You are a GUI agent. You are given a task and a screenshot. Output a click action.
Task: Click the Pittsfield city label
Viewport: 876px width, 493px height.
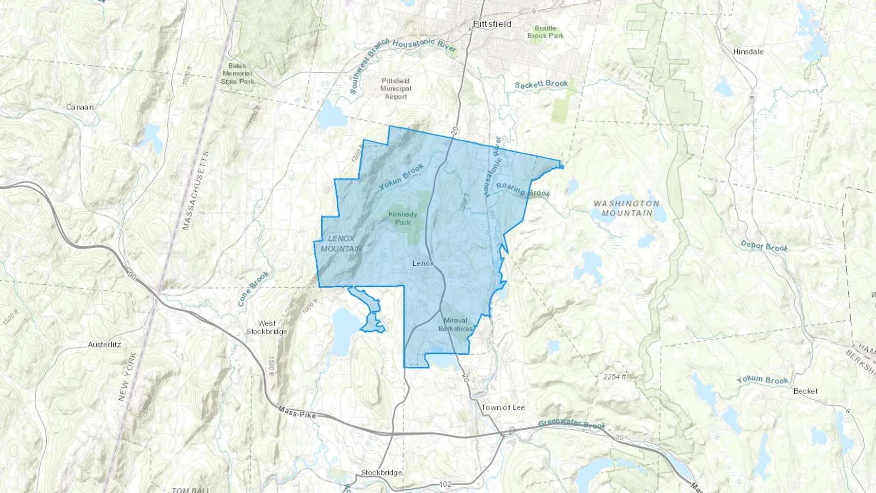coord(492,24)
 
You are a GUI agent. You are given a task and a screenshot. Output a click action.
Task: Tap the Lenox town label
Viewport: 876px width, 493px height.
coord(422,263)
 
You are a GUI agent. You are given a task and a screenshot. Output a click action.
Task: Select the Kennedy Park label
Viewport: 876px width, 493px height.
coord(402,219)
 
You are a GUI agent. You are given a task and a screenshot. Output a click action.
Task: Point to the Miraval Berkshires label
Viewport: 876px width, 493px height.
coord(456,325)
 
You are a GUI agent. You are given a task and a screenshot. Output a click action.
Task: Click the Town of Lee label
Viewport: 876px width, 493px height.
coord(503,408)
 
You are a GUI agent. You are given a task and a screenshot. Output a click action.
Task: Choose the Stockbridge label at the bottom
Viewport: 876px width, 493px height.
coord(382,473)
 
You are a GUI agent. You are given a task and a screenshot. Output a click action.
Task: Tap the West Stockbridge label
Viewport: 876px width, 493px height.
coord(267,328)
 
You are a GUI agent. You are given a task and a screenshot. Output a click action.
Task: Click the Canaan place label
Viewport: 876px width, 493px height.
coord(80,107)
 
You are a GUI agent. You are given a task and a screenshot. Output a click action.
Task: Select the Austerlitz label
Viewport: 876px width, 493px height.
coord(104,345)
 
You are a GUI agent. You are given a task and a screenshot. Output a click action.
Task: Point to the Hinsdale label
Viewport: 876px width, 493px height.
coord(748,52)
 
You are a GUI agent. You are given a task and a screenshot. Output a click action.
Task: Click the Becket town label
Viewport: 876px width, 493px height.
coord(805,391)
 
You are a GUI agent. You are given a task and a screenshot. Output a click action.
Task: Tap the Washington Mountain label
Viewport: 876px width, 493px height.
coord(626,208)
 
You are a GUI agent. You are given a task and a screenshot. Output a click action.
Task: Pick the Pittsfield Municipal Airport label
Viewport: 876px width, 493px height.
coord(396,89)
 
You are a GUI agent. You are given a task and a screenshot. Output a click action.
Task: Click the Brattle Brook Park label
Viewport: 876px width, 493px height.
coord(546,32)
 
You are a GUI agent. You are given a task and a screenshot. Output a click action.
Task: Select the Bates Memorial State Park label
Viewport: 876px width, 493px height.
coord(237,73)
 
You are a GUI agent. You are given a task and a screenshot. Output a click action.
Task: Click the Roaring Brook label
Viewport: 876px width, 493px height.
coord(523,190)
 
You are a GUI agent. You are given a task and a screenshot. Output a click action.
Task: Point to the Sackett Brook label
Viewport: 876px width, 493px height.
coord(541,84)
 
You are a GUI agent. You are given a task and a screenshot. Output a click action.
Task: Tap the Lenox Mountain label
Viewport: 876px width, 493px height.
coord(341,243)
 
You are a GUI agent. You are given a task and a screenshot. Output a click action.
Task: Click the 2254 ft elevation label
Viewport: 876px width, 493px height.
coord(615,377)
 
